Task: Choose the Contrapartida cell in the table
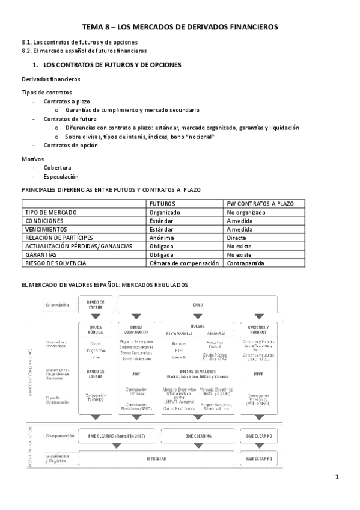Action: [x=245, y=263]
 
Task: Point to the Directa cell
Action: [x=237, y=238]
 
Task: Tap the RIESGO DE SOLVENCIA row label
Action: [x=56, y=263]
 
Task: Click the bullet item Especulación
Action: [x=61, y=177]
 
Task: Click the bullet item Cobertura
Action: [x=57, y=167]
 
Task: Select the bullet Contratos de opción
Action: [x=70, y=145]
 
